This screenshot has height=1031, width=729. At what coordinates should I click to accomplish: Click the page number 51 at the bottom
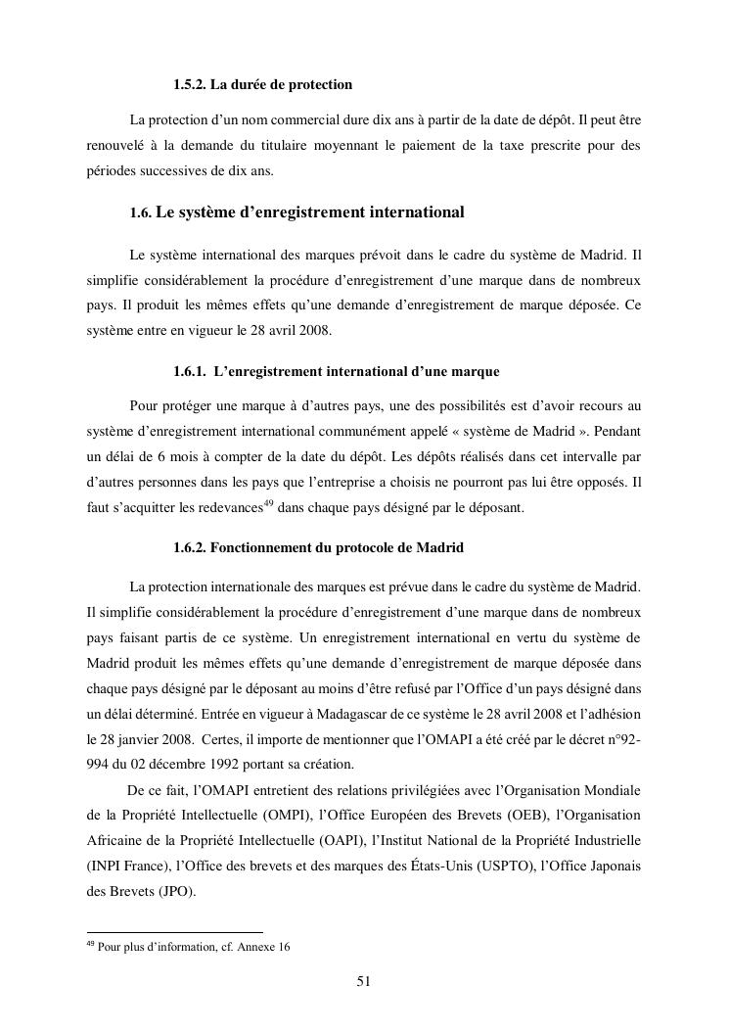tap(363, 983)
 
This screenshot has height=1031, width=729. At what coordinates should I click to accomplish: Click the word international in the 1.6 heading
tap(411, 212)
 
